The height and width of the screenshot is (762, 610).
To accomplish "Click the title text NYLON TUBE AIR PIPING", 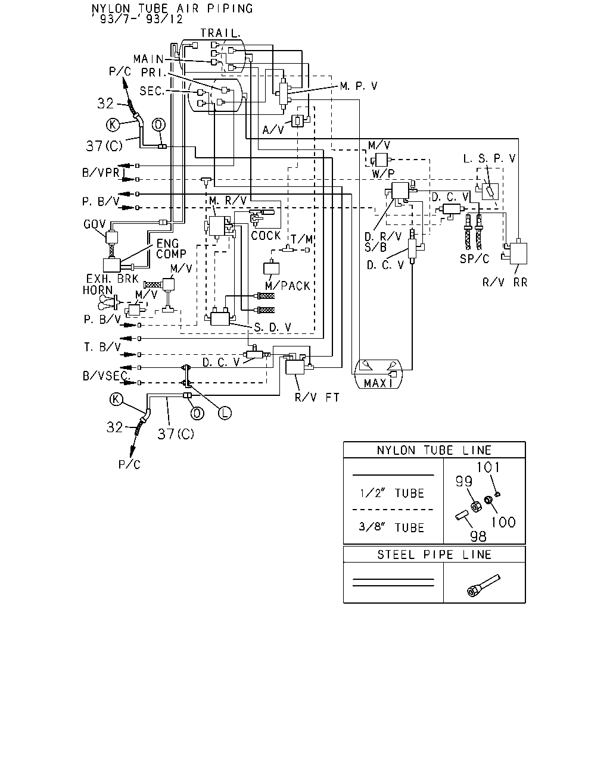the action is (x=172, y=8).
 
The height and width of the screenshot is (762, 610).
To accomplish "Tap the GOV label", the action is (x=95, y=224).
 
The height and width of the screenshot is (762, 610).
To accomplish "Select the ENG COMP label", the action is (x=171, y=249).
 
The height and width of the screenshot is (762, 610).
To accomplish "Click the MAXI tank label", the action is (x=378, y=383).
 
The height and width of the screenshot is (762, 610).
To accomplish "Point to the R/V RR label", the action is (x=505, y=282).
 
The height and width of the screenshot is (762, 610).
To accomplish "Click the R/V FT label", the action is (x=317, y=398).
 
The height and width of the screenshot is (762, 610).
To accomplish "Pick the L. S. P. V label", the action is (x=489, y=158).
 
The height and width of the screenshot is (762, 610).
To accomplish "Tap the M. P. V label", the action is (x=359, y=86).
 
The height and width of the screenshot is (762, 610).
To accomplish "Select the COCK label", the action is (x=266, y=236).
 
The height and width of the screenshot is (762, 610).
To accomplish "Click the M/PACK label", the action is (x=288, y=286).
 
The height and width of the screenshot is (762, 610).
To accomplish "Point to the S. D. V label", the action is (x=273, y=327).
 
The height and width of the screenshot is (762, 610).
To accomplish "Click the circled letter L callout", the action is (x=225, y=413).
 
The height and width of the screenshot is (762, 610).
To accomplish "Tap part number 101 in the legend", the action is (x=488, y=467).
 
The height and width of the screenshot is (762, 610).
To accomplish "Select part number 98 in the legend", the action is (x=478, y=536).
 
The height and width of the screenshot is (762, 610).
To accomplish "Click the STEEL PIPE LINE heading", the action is (x=434, y=554).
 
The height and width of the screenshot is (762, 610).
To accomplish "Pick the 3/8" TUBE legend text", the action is (x=391, y=527).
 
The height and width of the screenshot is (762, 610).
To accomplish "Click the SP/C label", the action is (x=474, y=259).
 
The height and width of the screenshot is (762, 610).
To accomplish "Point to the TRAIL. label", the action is (x=220, y=33).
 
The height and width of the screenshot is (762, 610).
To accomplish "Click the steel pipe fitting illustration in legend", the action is (x=483, y=586).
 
